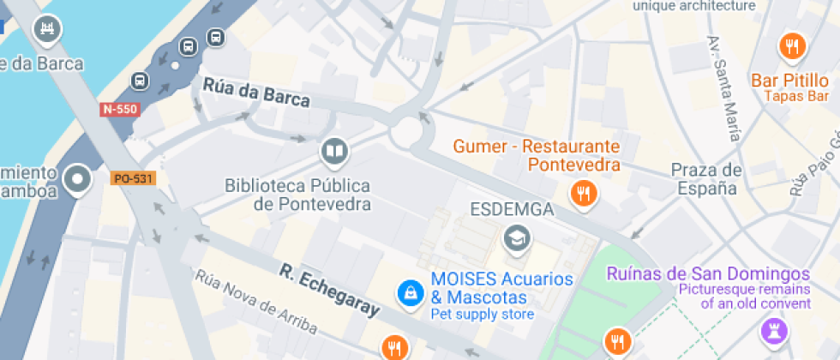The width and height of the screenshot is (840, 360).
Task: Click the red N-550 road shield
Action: pos(118,109)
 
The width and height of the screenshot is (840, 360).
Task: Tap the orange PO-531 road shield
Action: pos(132,178)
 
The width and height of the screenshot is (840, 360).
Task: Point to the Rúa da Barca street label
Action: pos(256,93)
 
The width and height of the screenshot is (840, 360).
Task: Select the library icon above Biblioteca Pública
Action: pos(333,153)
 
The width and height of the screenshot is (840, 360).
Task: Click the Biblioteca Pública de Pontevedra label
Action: pos(298,195)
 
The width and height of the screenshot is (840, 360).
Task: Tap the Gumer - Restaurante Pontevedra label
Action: pos(538,155)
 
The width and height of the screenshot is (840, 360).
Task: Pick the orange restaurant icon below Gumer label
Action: pos(585,193)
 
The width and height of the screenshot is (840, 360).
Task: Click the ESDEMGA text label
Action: pos(513,209)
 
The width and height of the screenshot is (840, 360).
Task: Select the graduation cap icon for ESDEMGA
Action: pos(517,237)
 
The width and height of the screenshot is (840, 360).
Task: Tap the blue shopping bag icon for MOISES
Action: pos(411,293)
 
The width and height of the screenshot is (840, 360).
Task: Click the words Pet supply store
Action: pos(483,315)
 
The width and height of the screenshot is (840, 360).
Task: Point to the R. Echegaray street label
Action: pos(329,291)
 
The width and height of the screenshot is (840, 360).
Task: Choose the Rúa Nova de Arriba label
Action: pos(255,303)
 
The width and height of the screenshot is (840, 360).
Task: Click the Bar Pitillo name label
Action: pos(790,81)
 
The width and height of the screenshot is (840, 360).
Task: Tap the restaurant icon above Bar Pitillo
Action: pos(791,45)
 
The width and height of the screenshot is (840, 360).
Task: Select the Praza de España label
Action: pos(705,179)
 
